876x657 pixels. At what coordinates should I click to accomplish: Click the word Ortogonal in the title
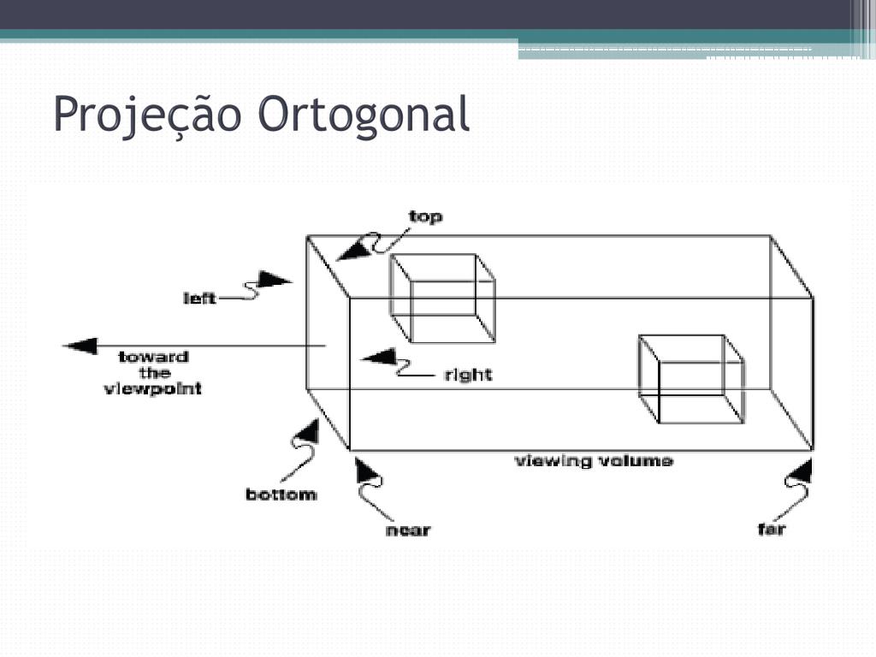coord(365,115)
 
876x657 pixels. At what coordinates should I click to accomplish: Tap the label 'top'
coord(425,217)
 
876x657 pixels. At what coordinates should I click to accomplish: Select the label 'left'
coord(199,299)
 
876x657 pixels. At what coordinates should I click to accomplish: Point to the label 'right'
coord(468,375)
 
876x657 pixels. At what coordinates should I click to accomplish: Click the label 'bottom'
coord(281,494)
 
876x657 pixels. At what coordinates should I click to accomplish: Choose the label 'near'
coord(408,530)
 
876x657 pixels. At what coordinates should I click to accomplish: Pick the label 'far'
coord(772,530)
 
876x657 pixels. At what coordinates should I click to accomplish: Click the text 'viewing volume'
coord(593,461)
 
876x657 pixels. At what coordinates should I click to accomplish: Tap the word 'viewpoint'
coord(153,388)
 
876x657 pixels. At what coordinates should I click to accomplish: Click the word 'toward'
coord(153,357)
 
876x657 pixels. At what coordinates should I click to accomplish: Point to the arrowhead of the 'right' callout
coord(376,357)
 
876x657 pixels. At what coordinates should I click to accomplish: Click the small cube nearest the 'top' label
coord(442,298)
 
